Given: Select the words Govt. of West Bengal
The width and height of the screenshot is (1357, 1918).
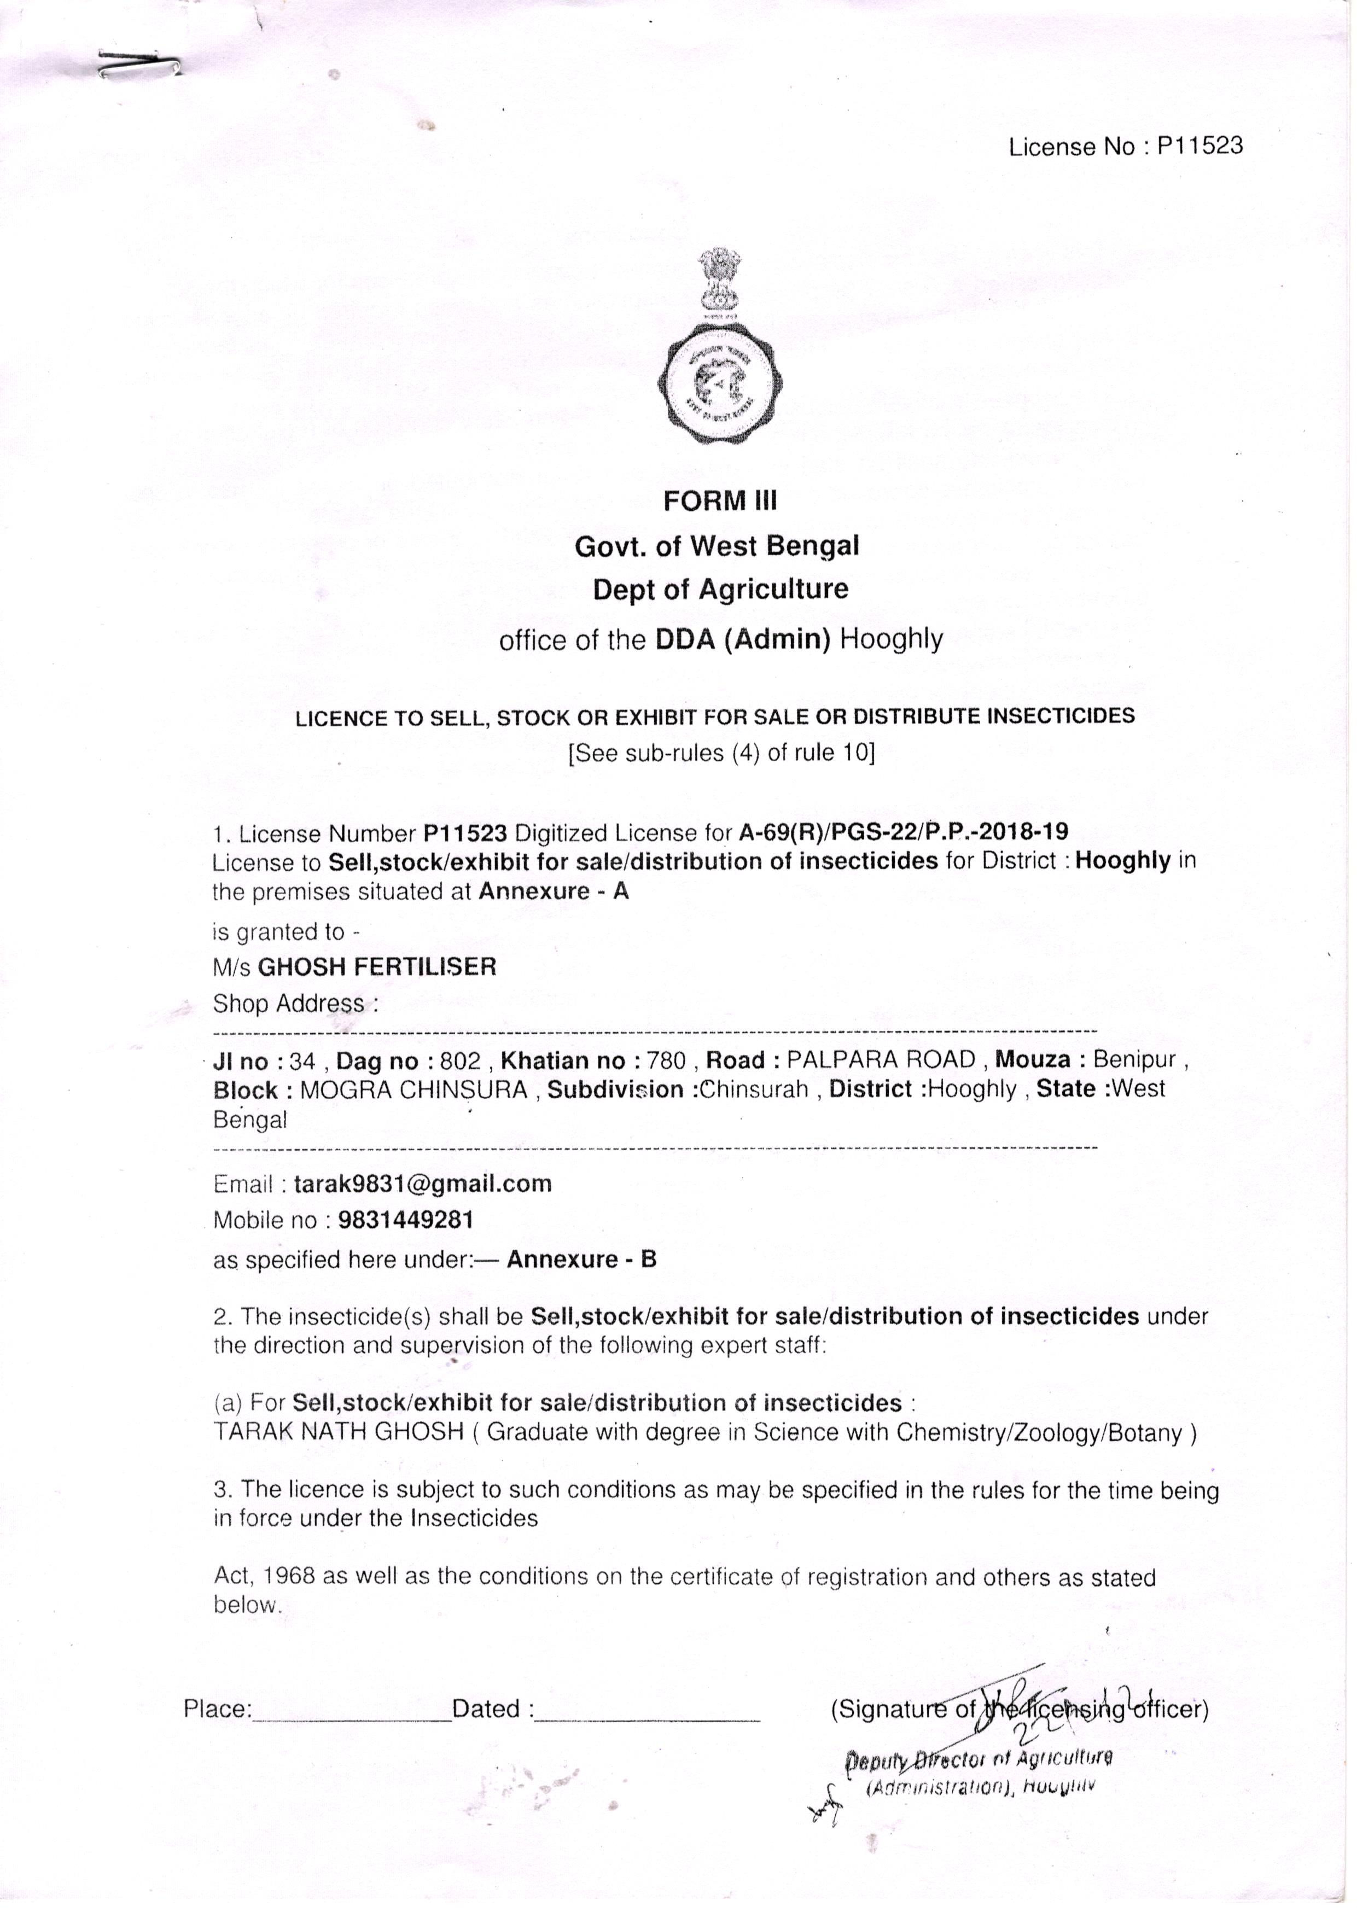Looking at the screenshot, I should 716,546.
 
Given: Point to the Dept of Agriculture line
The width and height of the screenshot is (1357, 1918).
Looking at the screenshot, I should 720,590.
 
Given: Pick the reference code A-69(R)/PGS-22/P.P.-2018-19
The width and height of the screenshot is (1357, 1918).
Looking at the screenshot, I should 902,832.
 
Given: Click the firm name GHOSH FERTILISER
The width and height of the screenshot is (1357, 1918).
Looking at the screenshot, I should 377,967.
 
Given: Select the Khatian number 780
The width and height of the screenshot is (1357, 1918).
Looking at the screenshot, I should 666,1062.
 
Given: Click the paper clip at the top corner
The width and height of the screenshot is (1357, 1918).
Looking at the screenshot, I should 138,65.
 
